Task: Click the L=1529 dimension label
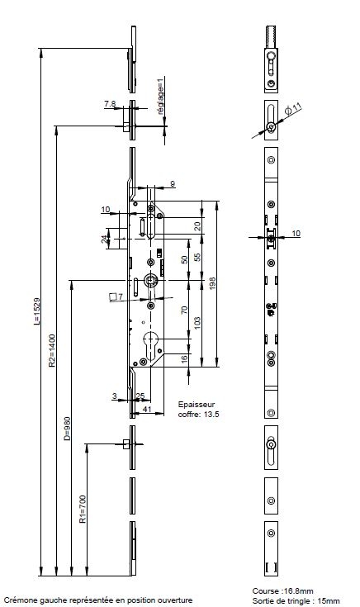pos(36,311)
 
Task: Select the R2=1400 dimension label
pos(52,351)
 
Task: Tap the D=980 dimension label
pos(67,429)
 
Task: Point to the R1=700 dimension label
pos(83,510)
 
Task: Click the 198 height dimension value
pos(212,283)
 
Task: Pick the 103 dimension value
pos(197,324)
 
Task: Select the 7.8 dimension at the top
pos(110,104)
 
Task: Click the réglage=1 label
pos(161,96)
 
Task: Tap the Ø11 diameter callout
pos(293,108)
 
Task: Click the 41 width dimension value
pos(147,409)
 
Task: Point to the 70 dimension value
pos(184,310)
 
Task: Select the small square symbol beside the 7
pos(113,297)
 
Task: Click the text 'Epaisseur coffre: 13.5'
pos(199,409)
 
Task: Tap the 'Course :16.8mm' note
pos(282,591)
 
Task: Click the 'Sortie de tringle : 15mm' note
pos(296,601)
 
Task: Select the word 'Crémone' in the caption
pos(18,600)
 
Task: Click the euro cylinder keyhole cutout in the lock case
pos(150,344)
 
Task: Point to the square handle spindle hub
pos(150,280)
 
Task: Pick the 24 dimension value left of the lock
pos(105,239)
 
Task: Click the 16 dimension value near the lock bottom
pos(184,358)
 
